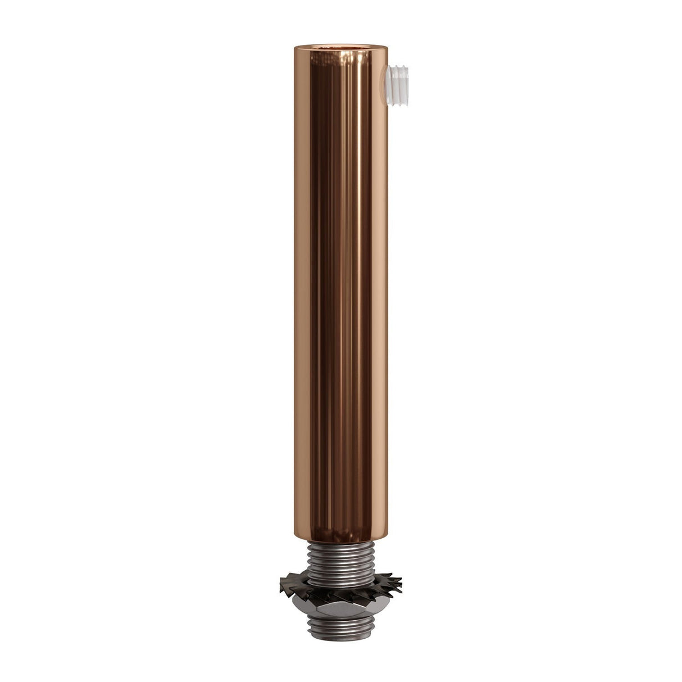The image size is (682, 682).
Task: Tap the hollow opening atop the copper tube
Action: (x=341, y=45)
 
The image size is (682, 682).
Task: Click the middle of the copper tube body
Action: (x=341, y=287)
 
